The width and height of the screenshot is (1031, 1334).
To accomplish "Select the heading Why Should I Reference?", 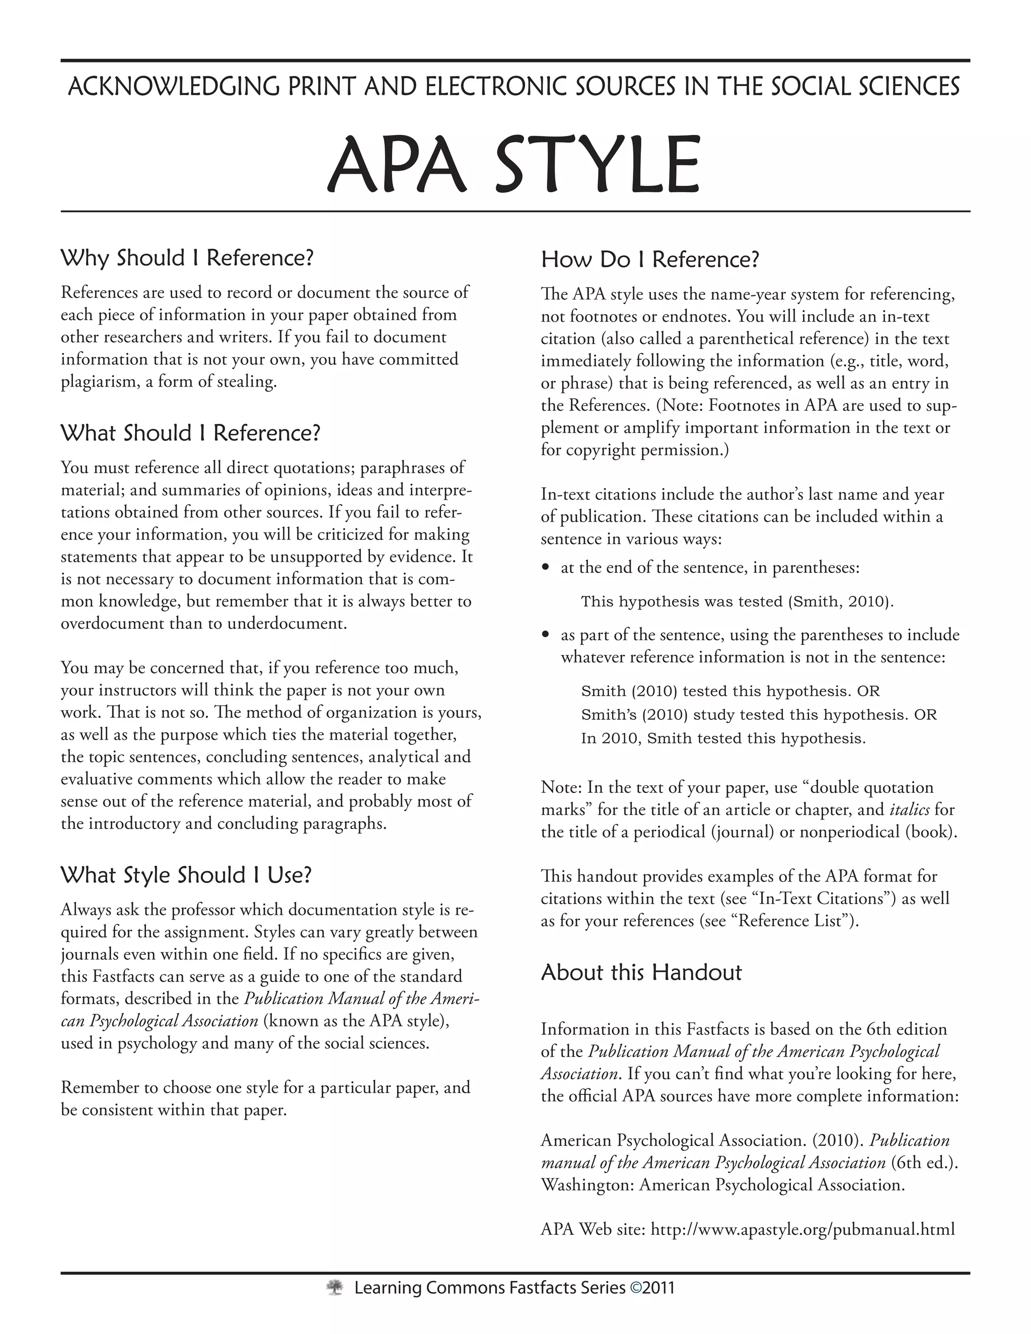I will (x=187, y=258).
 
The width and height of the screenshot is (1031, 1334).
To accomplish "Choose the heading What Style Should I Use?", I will (x=186, y=875).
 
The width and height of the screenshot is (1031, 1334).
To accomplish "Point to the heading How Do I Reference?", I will (x=650, y=260).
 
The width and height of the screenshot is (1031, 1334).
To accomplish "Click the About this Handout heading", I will (x=641, y=973).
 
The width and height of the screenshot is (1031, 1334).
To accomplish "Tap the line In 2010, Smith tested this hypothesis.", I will (x=723, y=738).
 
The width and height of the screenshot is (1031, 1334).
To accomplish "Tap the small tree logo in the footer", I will (x=334, y=1288).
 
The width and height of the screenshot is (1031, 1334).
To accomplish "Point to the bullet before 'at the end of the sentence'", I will (x=547, y=568).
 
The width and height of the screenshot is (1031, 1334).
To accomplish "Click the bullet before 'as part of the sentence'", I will (x=547, y=635).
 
